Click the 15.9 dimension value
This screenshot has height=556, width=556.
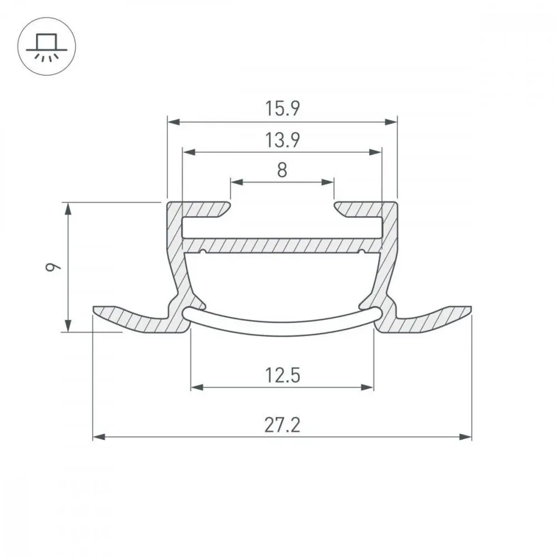click(282, 108)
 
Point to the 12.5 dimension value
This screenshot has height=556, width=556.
click(282, 375)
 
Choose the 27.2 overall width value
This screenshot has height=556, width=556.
click(282, 425)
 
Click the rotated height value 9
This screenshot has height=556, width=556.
click(53, 267)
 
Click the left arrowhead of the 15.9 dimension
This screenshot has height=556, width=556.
click(173, 122)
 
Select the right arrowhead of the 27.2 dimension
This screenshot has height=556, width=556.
click(465, 437)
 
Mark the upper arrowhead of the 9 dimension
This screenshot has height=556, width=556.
click(68, 209)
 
